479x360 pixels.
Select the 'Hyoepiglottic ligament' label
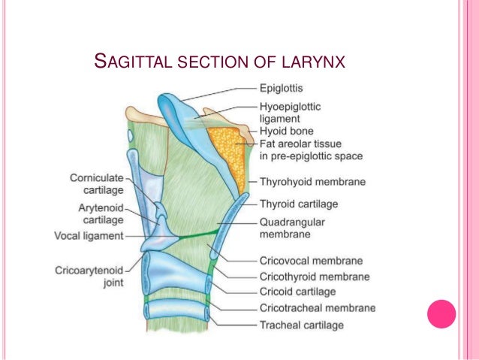click(290, 113)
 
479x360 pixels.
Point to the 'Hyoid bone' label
click(287, 131)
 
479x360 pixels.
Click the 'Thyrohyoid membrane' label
click(312, 181)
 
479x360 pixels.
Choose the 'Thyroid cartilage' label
click(298, 203)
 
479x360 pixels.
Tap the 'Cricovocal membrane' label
click(311, 261)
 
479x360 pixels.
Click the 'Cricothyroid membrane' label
click(314, 277)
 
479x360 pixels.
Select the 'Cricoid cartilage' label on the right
click(297, 292)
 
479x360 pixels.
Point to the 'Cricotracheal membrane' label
click(317, 308)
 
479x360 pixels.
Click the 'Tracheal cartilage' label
click(301, 325)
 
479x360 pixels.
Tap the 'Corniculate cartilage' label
click(97, 184)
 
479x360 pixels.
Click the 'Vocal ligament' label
click(89, 235)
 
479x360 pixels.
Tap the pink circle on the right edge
click(441, 314)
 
